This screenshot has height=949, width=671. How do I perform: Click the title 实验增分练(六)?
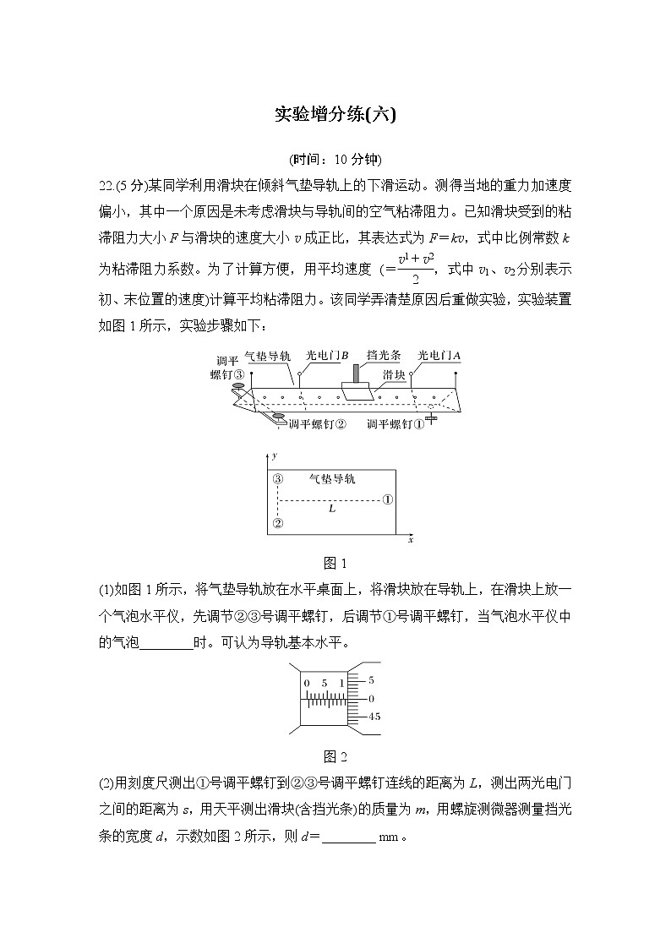pyautogui.click(x=335, y=115)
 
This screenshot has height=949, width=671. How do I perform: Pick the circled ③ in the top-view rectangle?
pyautogui.click(x=277, y=479)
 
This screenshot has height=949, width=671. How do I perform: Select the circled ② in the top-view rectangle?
pyautogui.click(x=277, y=523)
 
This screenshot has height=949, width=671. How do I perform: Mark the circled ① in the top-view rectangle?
pyautogui.click(x=387, y=499)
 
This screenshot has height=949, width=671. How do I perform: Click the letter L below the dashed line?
pyautogui.click(x=332, y=510)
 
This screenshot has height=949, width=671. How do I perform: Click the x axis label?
pyautogui.click(x=410, y=538)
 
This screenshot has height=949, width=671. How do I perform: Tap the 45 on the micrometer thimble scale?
pyautogui.click(x=374, y=717)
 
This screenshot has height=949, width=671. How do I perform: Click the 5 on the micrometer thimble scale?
pyautogui.click(x=372, y=679)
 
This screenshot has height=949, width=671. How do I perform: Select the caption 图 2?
pyautogui.click(x=335, y=756)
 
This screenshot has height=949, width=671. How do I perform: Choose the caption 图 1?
pyautogui.click(x=335, y=564)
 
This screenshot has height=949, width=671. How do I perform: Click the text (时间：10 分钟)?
pyautogui.click(x=335, y=160)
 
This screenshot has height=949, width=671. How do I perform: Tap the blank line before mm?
pyautogui.click(x=348, y=839)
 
